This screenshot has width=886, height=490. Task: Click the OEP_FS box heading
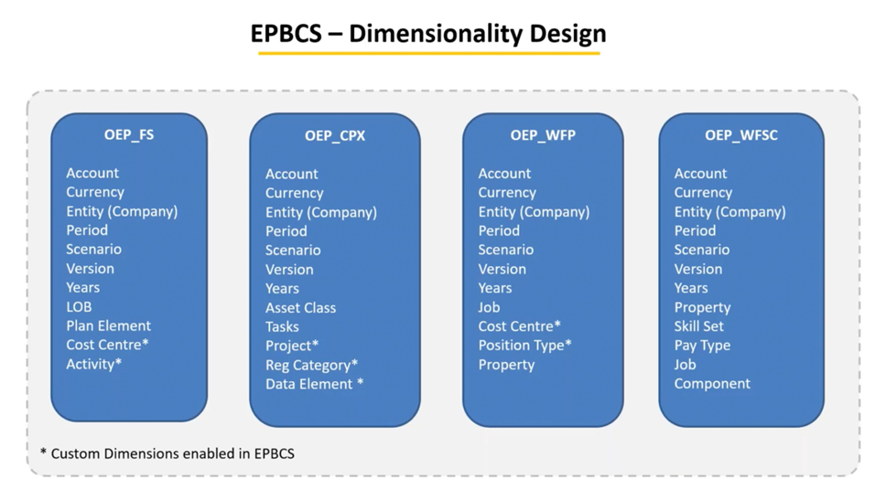point(129,134)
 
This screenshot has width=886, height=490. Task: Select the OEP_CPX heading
point(335,135)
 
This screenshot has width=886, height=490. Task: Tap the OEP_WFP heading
point(543,134)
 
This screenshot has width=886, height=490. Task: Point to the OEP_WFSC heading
point(741,134)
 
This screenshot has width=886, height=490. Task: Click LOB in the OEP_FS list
point(79,306)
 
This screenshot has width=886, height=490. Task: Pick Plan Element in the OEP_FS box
point(108,325)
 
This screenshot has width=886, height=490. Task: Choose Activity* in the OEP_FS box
point(93,364)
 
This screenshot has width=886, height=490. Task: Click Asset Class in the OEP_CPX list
point(300,307)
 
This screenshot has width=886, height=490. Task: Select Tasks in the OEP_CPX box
point(282,326)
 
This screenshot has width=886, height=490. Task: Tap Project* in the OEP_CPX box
point(292,346)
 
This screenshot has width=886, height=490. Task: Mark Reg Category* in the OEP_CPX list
point(311,365)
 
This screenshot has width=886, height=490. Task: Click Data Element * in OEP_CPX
point(314,384)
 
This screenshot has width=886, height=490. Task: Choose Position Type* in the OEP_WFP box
point(524,345)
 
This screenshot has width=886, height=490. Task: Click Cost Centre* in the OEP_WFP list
point(519,325)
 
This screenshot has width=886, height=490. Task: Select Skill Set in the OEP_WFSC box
point(698,326)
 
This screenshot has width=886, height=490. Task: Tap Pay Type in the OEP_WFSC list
point(702,346)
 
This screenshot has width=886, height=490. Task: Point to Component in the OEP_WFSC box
point(712,383)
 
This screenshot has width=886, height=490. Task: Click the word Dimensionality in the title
point(431,34)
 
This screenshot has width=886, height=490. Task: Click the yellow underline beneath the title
point(428,53)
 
